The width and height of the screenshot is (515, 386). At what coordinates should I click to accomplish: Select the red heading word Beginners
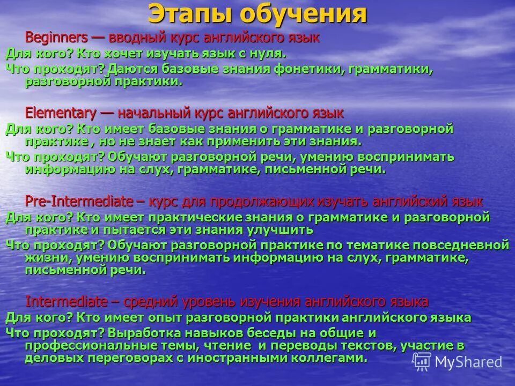point(56,38)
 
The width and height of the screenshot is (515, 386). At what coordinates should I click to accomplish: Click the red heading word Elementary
point(61,113)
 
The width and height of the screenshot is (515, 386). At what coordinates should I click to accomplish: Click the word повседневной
point(459,245)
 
